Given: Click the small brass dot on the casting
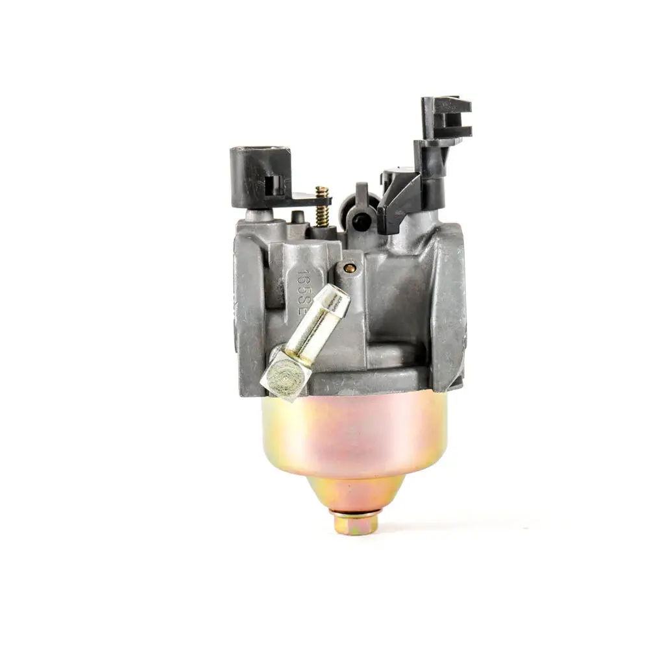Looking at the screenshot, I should pyautogui.click(x=350, y=268).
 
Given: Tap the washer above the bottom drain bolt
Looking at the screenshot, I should pyautogui.click(x=354, y=511).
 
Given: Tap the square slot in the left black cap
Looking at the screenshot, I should pyautogui.click(x=275, y=183).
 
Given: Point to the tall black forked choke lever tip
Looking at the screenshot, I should pyautogui.click(x=447, y=117).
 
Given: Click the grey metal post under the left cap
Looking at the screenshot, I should pyautogui.click(x=254, y=215).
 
